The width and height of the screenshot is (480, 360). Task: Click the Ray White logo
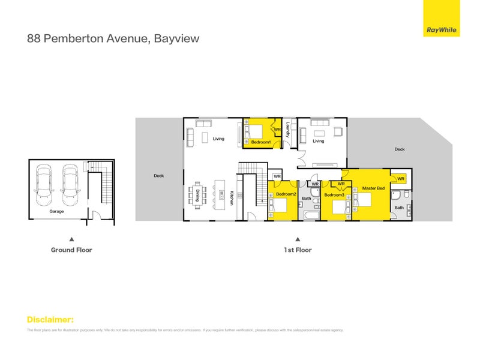(x=442, y=29)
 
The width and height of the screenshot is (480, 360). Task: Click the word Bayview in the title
(x=176, y=39)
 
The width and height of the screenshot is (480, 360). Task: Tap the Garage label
(x=56, y=211)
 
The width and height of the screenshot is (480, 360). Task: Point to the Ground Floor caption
(x=71, y=250)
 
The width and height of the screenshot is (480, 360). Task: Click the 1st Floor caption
(x=298, y=250)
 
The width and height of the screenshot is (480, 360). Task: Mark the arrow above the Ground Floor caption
(x=71, y=238)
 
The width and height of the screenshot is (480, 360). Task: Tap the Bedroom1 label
(x=261, y=142)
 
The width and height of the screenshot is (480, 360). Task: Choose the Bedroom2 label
(x=286, y=194)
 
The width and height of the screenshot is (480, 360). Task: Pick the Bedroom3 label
(x=334, y=195)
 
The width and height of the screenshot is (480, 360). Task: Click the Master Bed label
(x=373, y=188)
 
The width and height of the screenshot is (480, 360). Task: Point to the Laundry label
(x=288, y=131)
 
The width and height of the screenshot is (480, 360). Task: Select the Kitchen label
(x=230, y=198)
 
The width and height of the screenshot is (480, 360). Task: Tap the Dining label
(x=197, y=195)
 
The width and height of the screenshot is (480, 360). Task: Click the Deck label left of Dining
(x=158, y=176)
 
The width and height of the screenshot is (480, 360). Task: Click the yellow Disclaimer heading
(x=50, y=319)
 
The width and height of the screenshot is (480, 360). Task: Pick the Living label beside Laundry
(x=318, y=142)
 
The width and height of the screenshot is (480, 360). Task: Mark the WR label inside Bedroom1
(x=277, y=129)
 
